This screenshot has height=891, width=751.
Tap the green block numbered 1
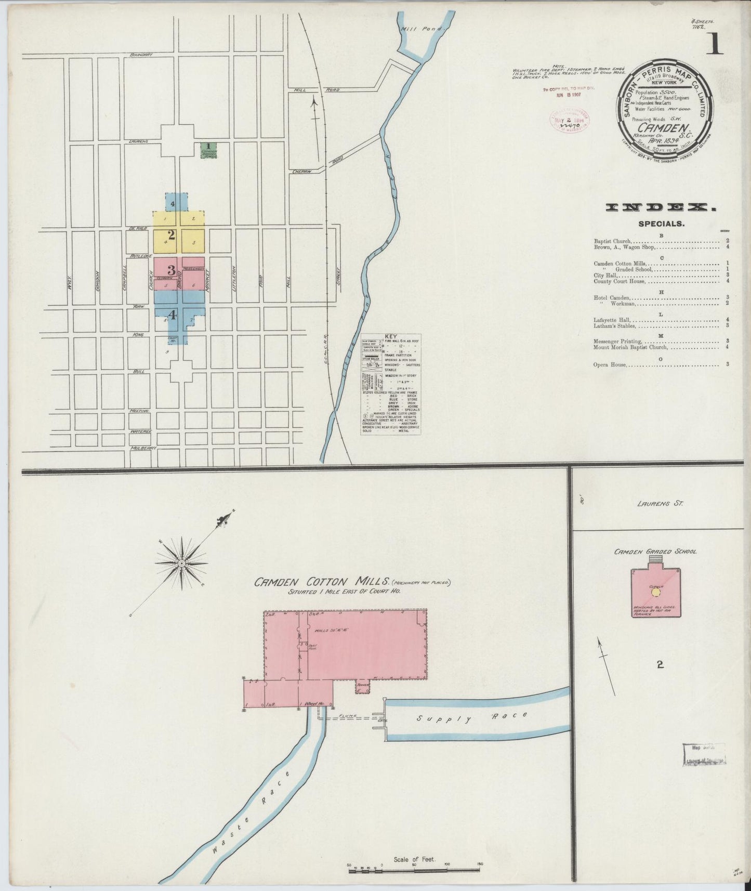[208, 150]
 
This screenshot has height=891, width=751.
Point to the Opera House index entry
[610, 364]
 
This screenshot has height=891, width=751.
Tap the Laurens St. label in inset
[659, 503]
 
